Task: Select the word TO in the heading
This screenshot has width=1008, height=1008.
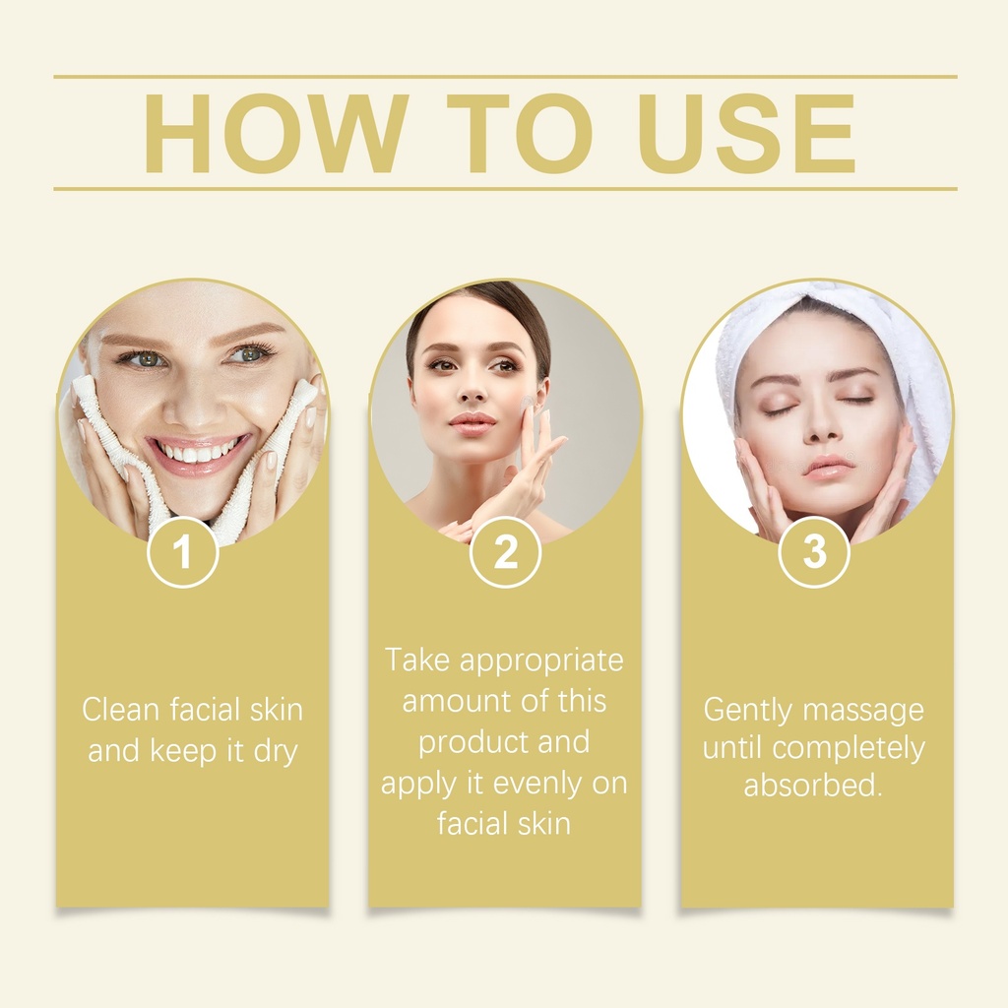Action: click(x=520, y=134)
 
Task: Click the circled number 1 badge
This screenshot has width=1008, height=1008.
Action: click(x=183, y=551)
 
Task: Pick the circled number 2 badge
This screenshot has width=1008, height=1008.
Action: click(x=505, y=551)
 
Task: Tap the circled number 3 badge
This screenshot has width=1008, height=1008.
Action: click(x=814, y=551)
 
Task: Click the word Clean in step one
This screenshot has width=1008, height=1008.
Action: click(x=120, y=710)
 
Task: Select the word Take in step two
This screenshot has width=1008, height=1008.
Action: click(x=416, y=661)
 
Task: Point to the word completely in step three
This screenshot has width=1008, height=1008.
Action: click(x=849, y=749)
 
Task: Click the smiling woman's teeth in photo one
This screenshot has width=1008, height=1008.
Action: click(x=196, y=452)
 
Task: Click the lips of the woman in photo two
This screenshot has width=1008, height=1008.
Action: click(x=472, y=423)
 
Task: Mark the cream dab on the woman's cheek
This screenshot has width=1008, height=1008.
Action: click(x=528, y=403)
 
